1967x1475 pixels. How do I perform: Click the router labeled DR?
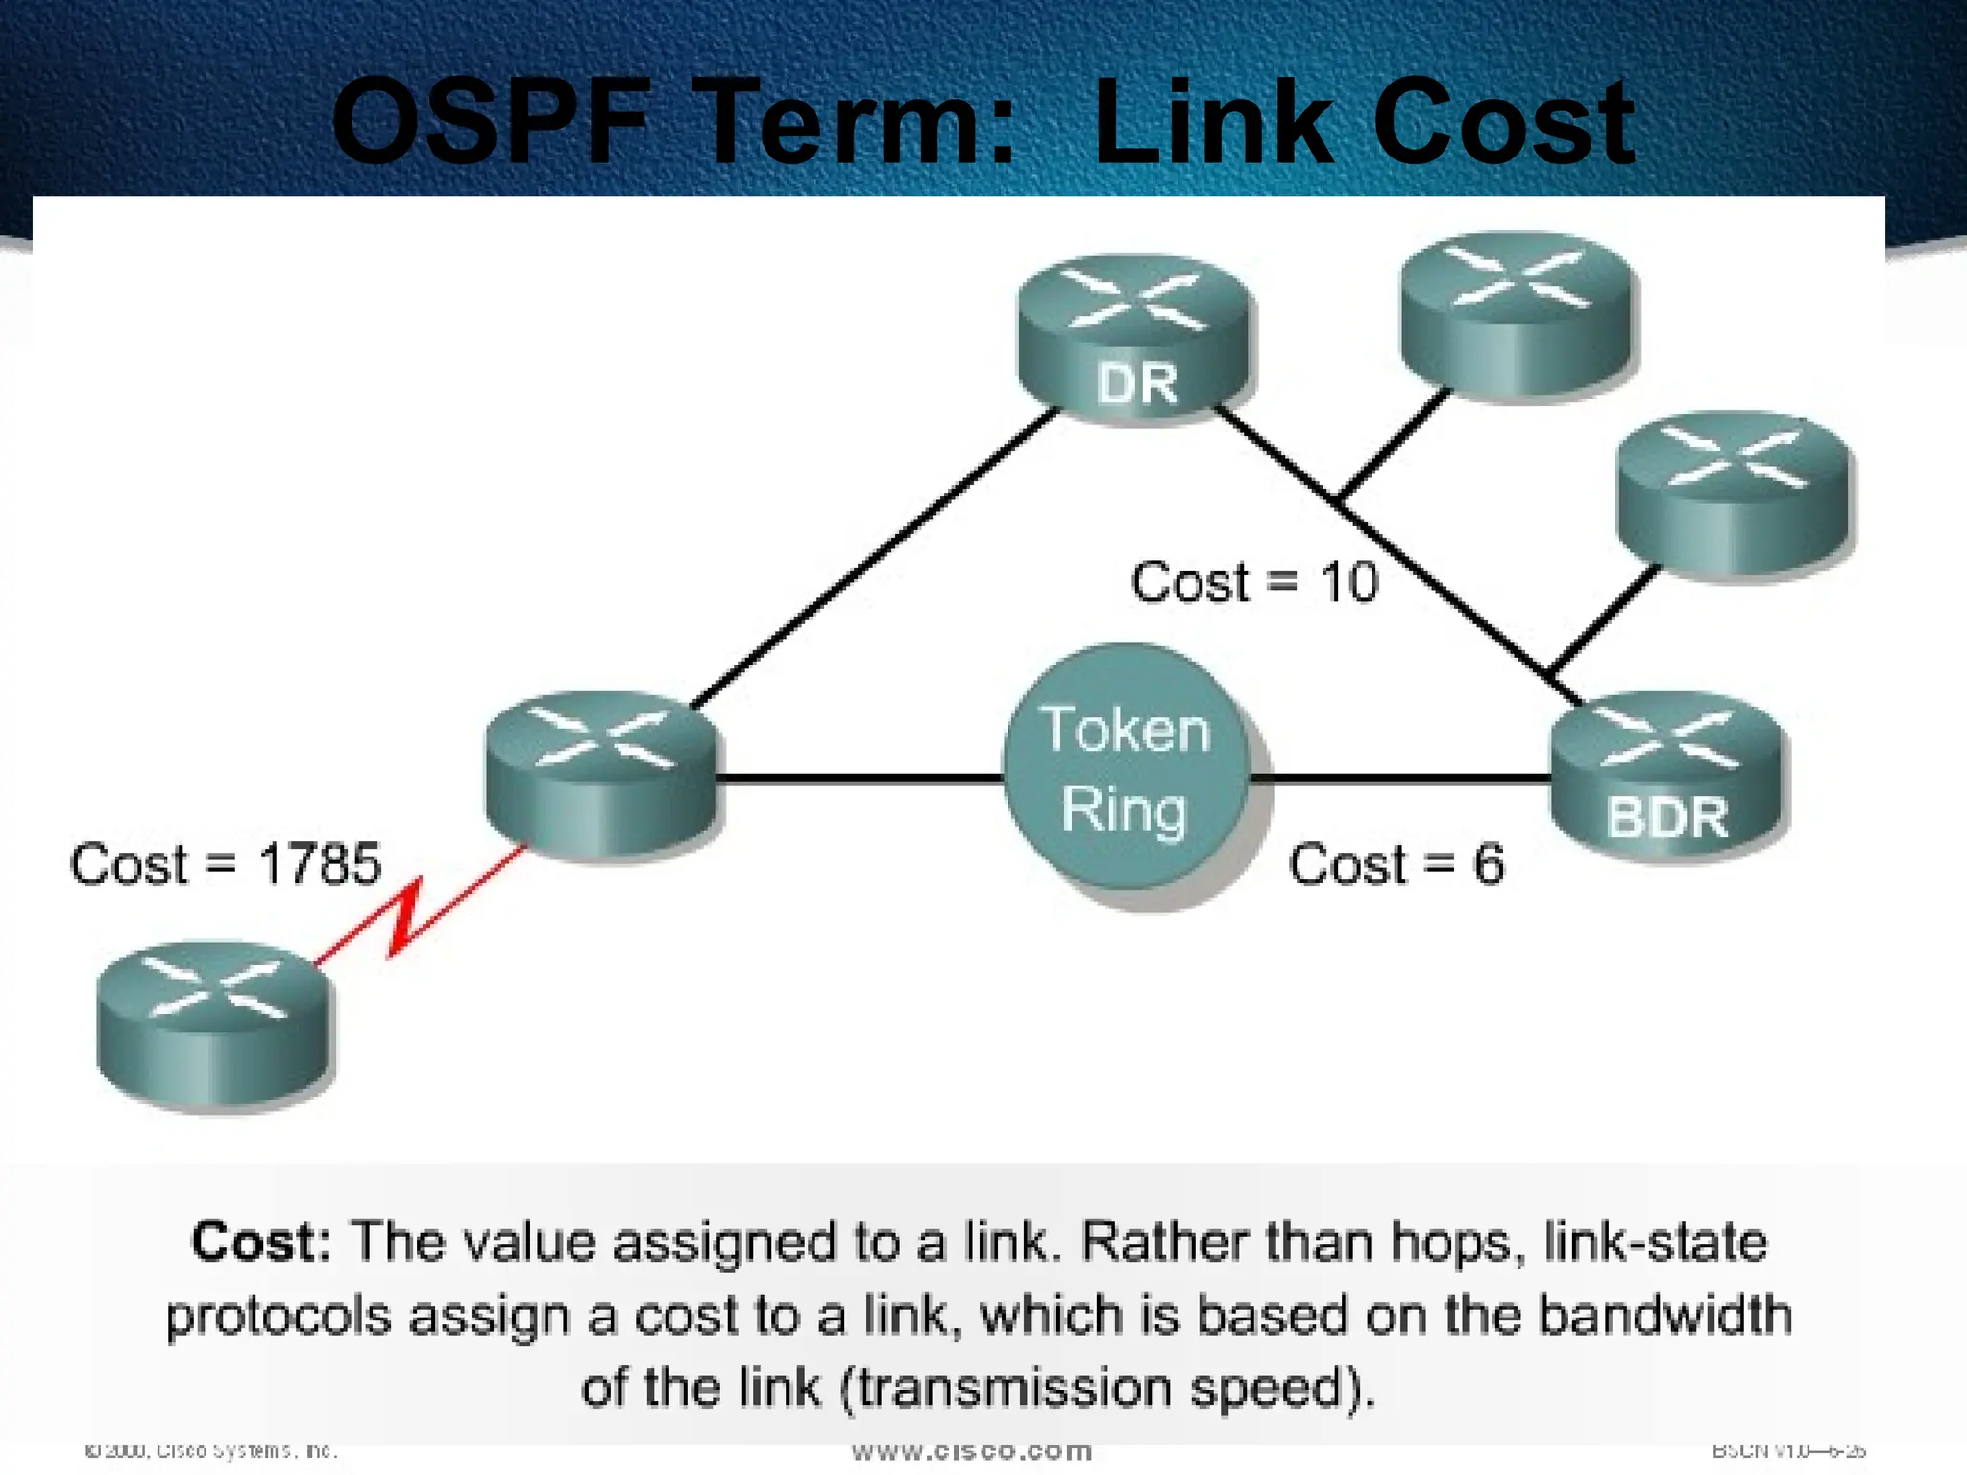coord(1135,338)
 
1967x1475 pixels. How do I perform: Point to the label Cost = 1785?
coord(226,863)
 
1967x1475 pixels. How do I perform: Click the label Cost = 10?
coord(1254,582)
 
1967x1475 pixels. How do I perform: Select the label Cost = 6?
coord(1396,863)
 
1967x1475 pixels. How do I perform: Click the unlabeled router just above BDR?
coord(1735,494)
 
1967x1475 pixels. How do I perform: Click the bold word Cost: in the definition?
coord(261,1241)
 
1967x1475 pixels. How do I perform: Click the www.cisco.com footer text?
coord(972,1451)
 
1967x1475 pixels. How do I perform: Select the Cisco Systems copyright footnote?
coord(211,1450)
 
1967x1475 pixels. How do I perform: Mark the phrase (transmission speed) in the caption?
coord(1114,1388)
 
